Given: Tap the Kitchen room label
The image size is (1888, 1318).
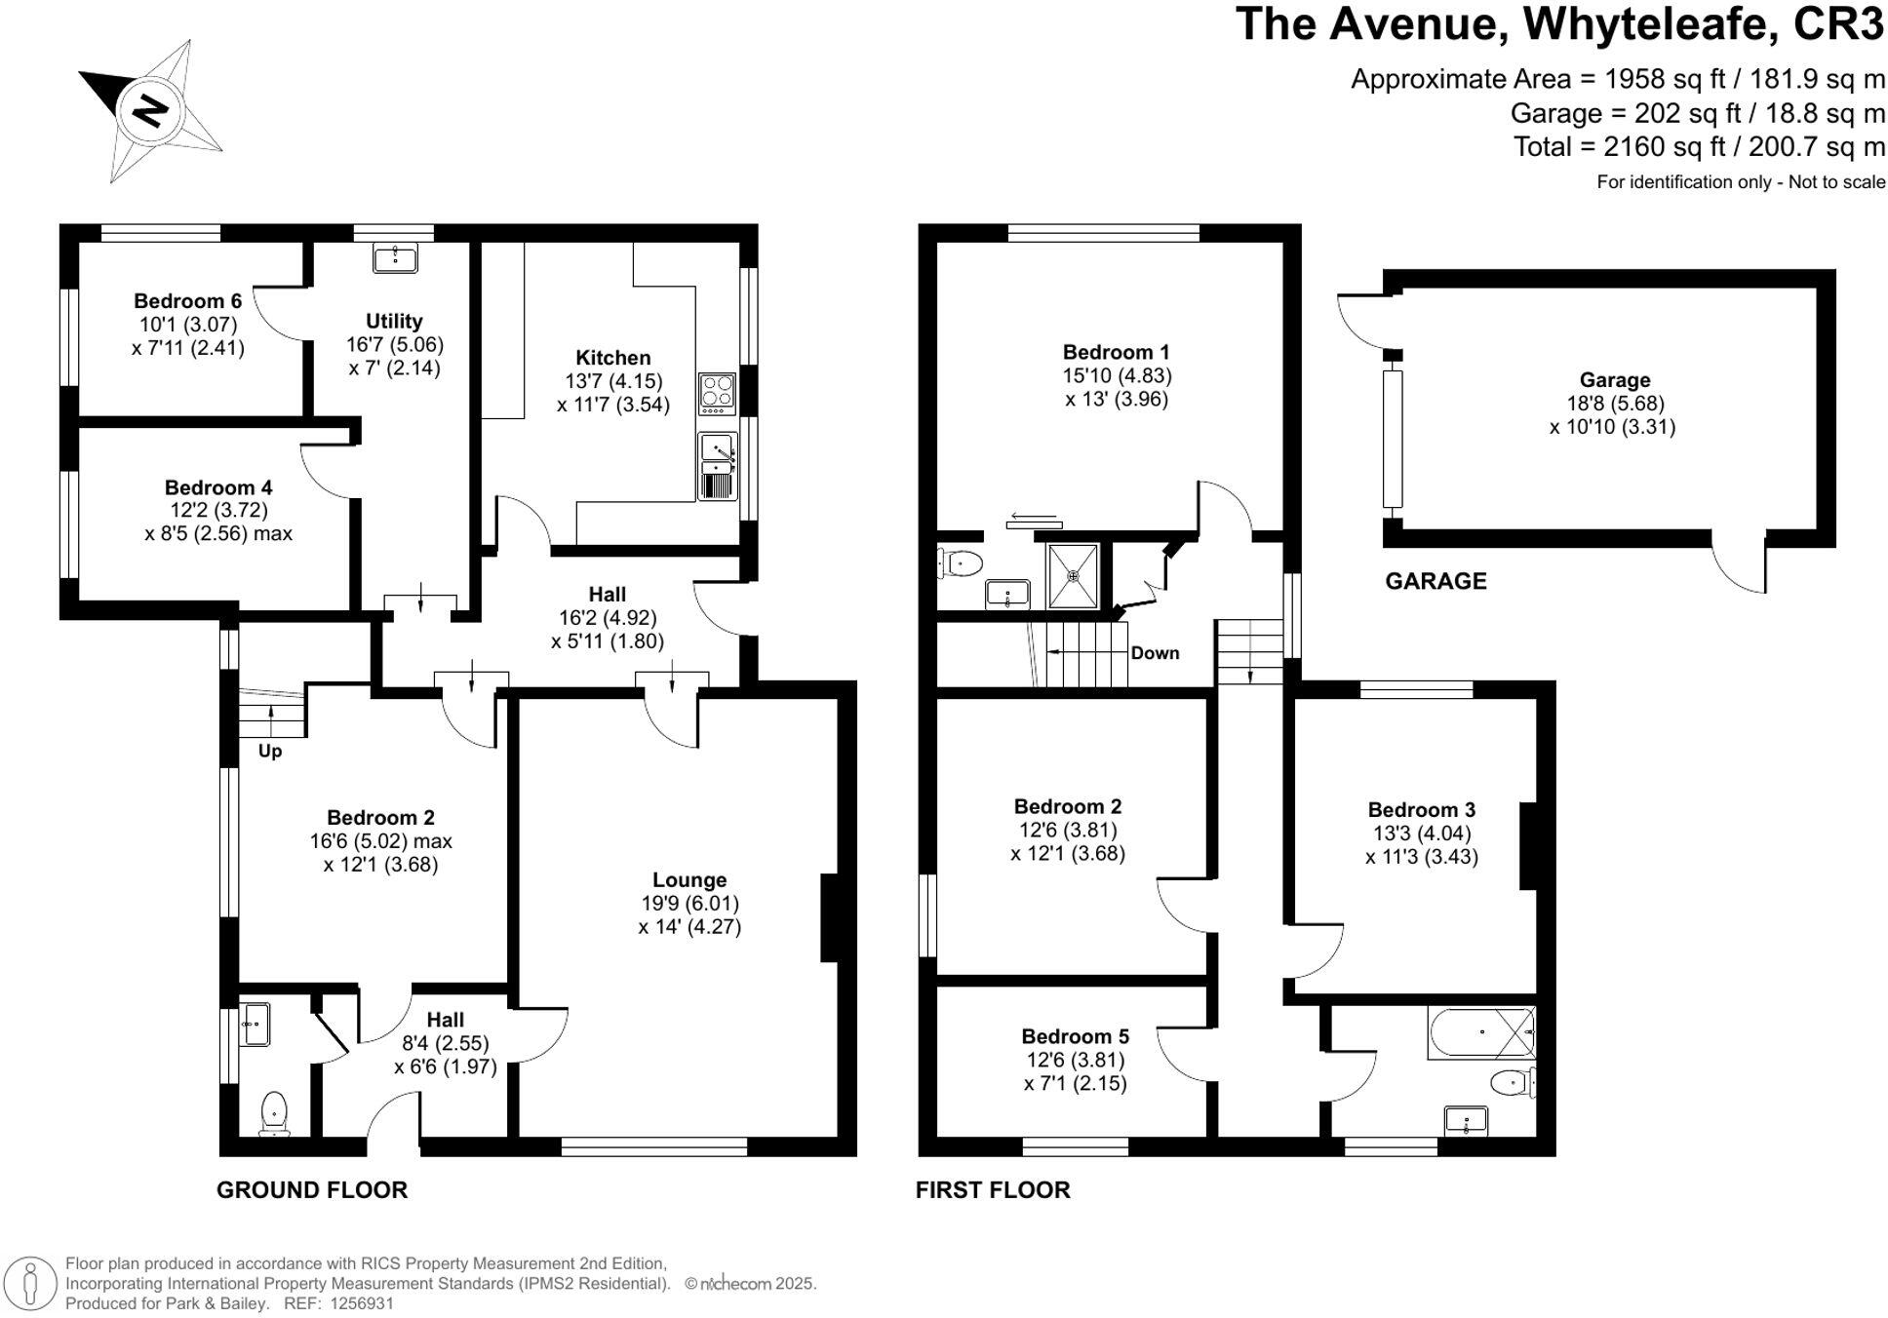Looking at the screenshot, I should [612, 358].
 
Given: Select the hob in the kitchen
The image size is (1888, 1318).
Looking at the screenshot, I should [718, 392].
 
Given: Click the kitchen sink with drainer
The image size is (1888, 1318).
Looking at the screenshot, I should [718, 467].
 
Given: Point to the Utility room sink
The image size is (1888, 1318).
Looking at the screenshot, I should [395, 257].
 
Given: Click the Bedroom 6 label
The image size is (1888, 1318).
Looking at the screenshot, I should [187, 301].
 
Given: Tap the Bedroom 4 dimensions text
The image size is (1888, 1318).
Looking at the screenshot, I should [218, 522].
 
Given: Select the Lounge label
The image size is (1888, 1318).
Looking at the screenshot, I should [689, 880].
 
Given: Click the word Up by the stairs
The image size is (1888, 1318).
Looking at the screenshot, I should [270, 752].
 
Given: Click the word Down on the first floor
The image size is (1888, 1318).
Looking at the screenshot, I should [1155, 653].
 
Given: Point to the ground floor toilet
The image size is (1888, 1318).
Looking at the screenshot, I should [274, 1114].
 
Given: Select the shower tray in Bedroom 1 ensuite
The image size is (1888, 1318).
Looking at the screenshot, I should [1073, 576].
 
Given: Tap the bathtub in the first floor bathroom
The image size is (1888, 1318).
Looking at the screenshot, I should [1480, 1032].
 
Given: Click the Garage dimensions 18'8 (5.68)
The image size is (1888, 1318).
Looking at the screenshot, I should [1614, 404].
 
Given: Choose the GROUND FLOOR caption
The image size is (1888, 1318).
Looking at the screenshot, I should [312, 1189].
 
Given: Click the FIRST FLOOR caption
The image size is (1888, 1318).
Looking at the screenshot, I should [993, 1189].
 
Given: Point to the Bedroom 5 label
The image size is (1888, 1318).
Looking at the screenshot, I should [1075, 1036].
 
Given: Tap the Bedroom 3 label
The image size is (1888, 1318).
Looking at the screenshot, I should [1421, 809].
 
